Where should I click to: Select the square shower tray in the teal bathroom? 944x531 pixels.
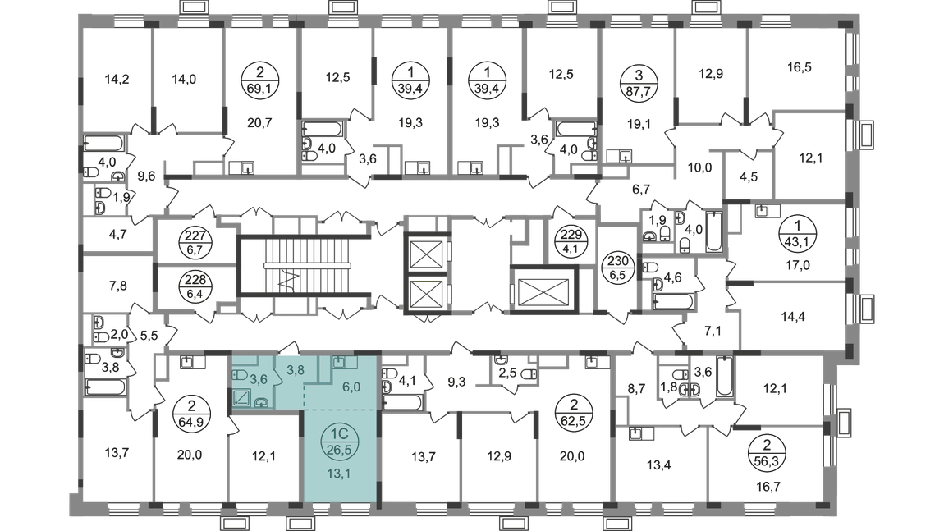244,399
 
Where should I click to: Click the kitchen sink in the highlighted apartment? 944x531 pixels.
341,363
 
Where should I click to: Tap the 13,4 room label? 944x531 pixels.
660,467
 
